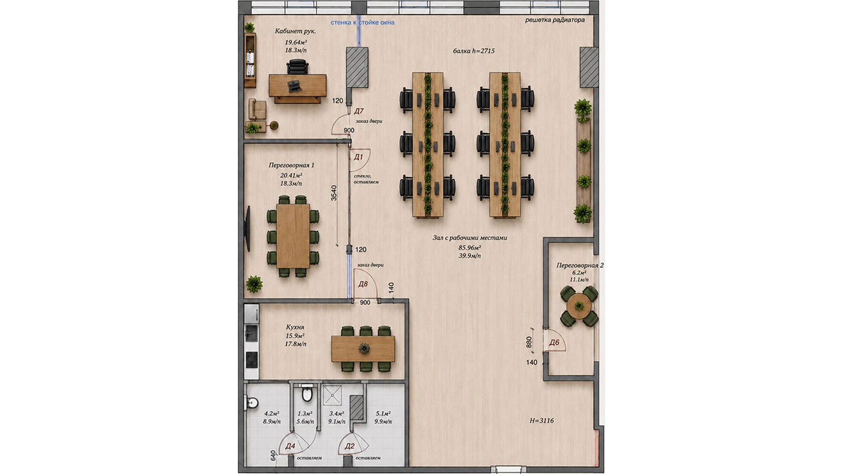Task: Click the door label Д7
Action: coord(359,111)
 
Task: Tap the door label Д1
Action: coord(358,157)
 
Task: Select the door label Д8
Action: coord(363,284)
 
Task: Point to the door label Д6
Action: coord(555,342)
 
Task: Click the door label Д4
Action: coord(290,446)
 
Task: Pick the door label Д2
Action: coord(350,446)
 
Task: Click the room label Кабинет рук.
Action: coord(296,32)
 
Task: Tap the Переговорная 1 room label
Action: coord(292,165)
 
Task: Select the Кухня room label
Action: coord(295,327)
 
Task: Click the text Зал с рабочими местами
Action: coord(470,238)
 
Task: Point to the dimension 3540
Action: coord(334,193)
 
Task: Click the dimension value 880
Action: coord(529,342)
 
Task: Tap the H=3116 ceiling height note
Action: coord(541,421)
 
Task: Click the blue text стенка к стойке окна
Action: coord(363,22)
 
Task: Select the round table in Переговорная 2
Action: coord(579,306)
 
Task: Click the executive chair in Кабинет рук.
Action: coord(298,67)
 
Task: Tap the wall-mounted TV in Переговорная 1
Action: coord(248,228)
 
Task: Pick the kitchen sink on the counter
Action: coord(252,333)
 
